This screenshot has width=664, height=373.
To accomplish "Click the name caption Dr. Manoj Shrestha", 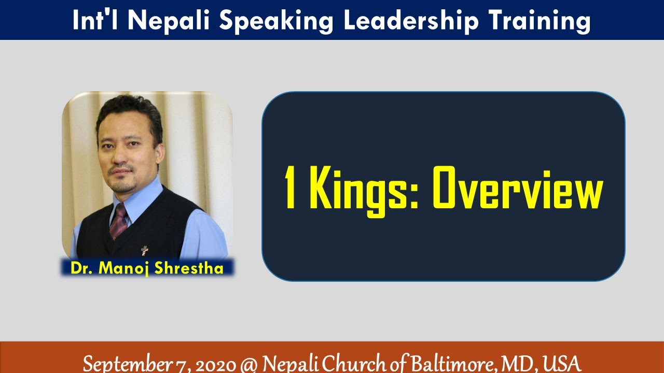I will [147, 268].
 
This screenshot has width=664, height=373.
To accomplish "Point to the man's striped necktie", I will [119, 220].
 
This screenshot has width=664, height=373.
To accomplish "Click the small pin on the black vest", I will [145, 251].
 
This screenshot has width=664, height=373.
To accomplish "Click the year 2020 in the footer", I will [213, 362].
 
